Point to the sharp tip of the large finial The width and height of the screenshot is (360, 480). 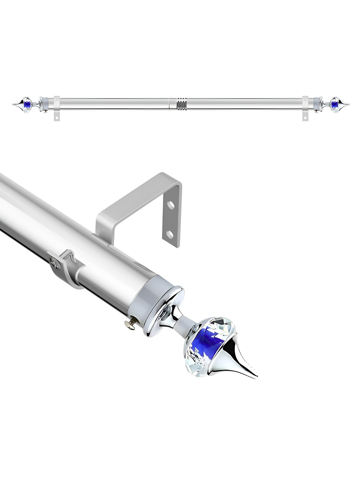[x=257, y=376]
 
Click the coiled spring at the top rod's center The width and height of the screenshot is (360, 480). [x=180, y=104]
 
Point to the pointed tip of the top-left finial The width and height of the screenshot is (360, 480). [x=13, y=104]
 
